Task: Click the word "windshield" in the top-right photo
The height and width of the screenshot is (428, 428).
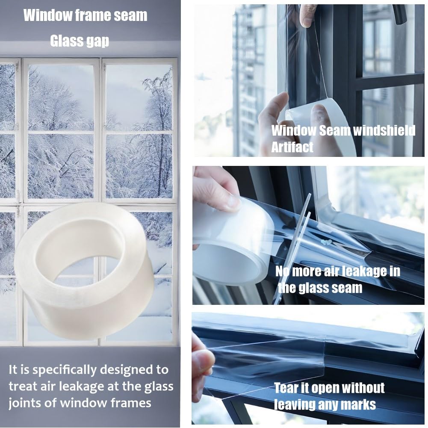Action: (384, 130)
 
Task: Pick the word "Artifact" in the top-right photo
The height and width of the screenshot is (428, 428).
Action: (292, 147)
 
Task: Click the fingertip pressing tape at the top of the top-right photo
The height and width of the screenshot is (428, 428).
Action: (308, 16)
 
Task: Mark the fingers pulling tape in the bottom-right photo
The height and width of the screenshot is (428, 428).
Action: (201, 360)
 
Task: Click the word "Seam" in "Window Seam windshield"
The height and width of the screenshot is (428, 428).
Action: (334, 130)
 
